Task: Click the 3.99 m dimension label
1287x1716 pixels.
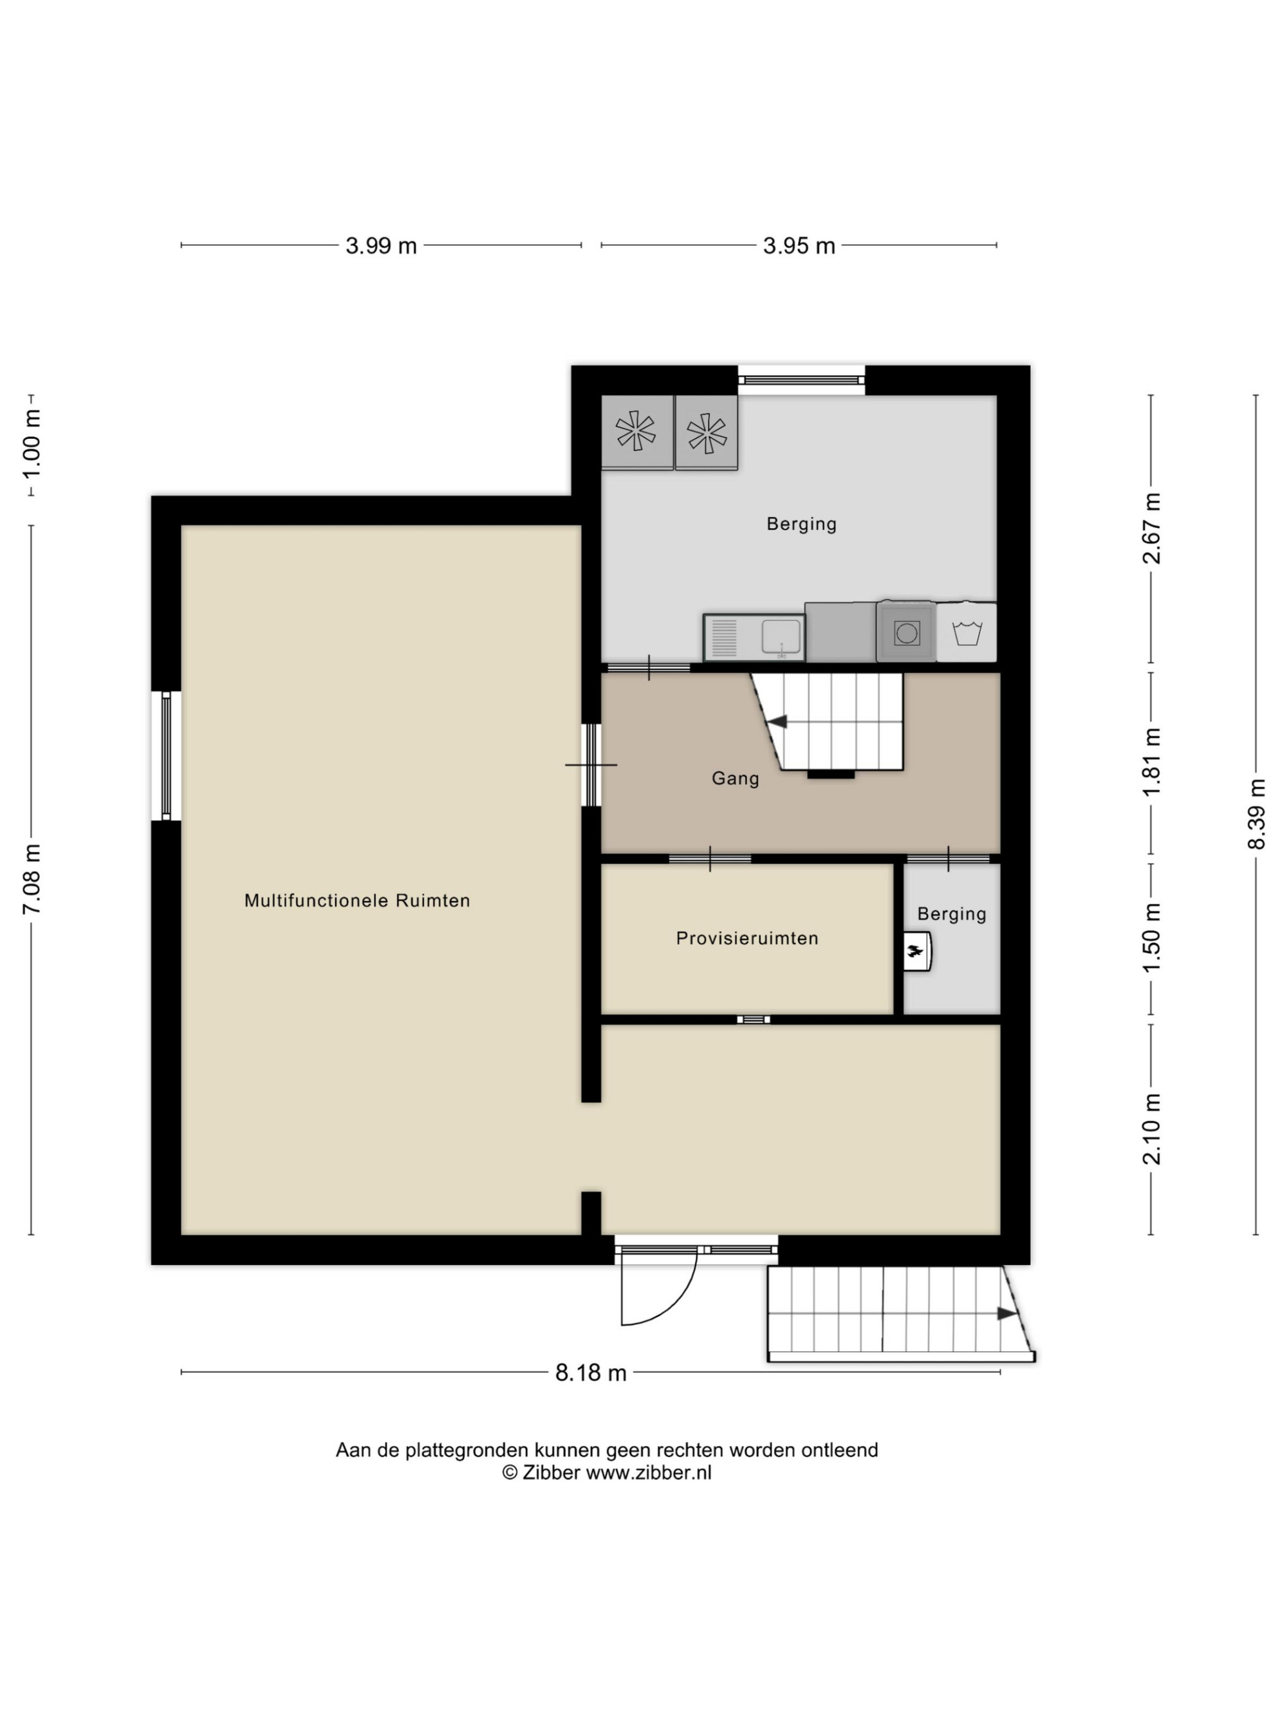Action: pyautogui.click(x=381, y=246)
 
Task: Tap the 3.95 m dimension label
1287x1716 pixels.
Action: pyautogui.click(x=799, y=246)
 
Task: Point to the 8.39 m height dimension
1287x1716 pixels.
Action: pyautogui.click(x=1256, y=814)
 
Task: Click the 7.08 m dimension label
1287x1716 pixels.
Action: pyautogui.click(x=32, y=878)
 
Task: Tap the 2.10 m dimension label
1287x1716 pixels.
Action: pyautogui.click(x=1151, y=1129)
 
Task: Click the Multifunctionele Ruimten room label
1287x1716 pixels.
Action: pyautogui.click(x=357, y=901)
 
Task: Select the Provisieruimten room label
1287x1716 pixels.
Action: pyautogui.click(x=747, y=938)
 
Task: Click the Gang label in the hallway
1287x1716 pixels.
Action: pyautogui.click(x=736, y=778)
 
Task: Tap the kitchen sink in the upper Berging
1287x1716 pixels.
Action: pyautogui.click(x=754, y=638)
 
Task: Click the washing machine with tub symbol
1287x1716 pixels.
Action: pyautogui.click(x=967, y=632)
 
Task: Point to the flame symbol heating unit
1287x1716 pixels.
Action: pyautogui.click(x=916, y=951)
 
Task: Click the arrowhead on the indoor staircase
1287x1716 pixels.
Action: pyautogui.click(x=777, y=721)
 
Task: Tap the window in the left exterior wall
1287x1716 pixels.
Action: pyautogui.click(x=166, y=755)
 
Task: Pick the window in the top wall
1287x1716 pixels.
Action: pyautogui.click(x=801, y=380)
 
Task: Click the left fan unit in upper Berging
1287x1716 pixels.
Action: pyautogui.click(x=637, y=432)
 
